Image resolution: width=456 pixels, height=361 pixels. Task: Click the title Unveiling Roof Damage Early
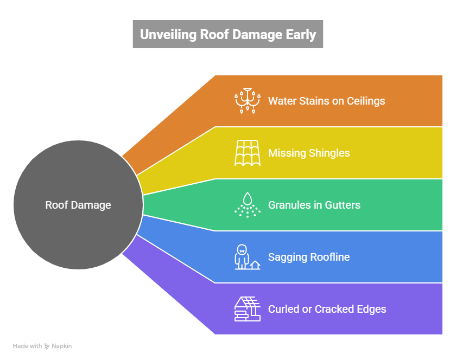[x=228, y=35]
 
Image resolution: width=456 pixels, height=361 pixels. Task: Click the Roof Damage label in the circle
[x=78, y=205]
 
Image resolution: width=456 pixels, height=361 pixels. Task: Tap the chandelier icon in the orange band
[x=247, y=101]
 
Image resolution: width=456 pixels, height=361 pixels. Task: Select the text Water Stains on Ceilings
[x=326, y=101]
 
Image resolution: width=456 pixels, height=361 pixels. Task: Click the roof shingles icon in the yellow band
[x=247, y=153]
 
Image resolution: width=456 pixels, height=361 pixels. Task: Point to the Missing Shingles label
[x=309, y=153]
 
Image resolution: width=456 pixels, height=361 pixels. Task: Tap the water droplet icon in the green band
[x=248, y=205]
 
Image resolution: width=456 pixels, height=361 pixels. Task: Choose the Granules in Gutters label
[x=314, y=205]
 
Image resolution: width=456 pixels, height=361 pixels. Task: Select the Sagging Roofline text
[x=308, y=257]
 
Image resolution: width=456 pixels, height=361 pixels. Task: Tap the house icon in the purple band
[x=247, y=309]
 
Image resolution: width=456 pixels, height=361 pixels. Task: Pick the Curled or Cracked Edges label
[x=327, y=309]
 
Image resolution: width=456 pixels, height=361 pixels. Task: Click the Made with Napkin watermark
[x=42, y=346]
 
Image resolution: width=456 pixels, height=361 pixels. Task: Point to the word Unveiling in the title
[x=167, y=35]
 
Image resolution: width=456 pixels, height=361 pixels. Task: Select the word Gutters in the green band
[x=341, y=205]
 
